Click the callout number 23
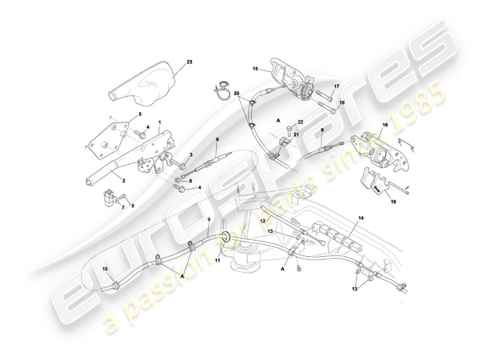click(x=189, y=62)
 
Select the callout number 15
click(x=255, y=69)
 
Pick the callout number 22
click(x=301, y=122)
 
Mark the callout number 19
click(x=393, y=202)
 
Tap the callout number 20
click(x=237, y=92)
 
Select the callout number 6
click(x=190, y=181)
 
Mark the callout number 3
click(x=190, y=155)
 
